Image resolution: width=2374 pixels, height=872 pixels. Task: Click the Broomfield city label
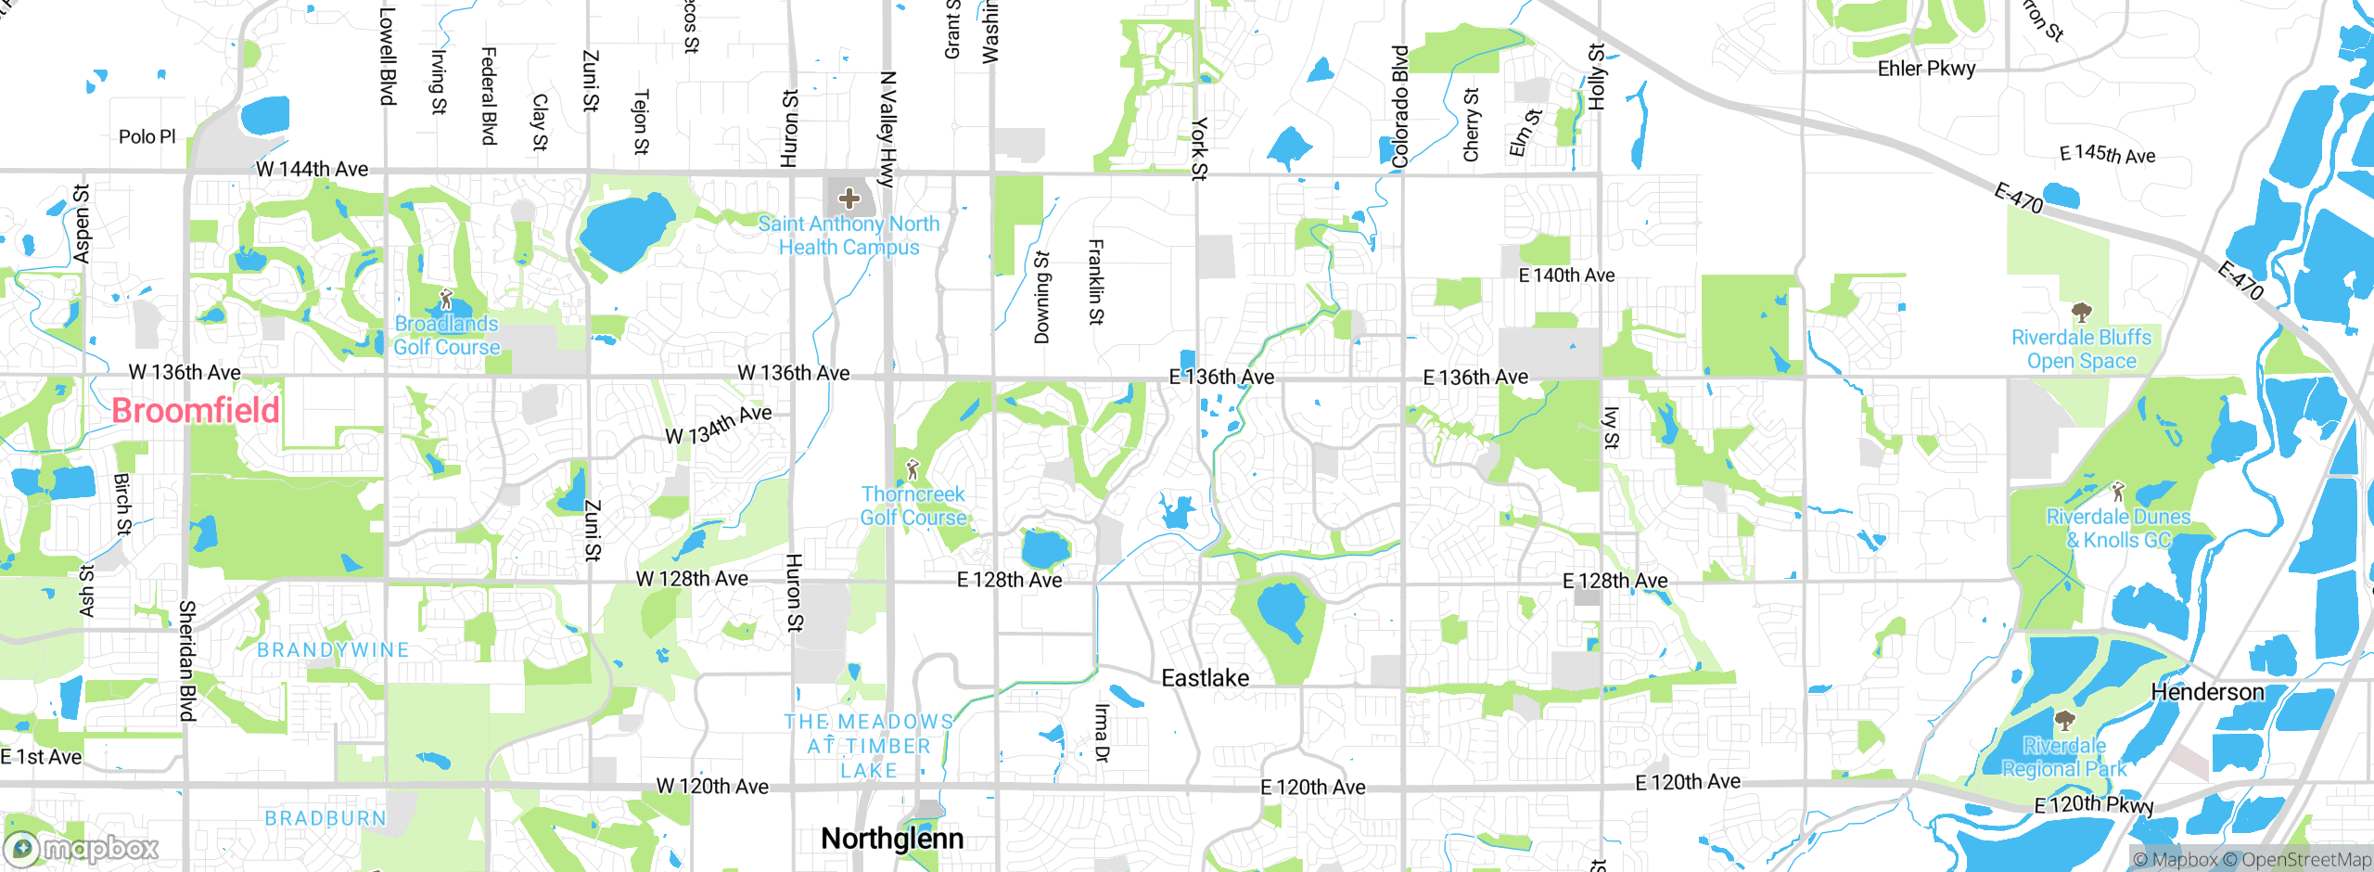point(195,410)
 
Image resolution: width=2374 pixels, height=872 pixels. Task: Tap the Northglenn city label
point(892,839)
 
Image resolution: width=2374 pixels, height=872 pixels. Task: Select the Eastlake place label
point(1205,678)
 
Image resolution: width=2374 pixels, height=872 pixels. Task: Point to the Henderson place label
point(2207,692)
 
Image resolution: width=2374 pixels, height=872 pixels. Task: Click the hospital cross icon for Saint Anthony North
point(849,198)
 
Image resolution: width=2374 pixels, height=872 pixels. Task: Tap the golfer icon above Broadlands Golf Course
point(446,300)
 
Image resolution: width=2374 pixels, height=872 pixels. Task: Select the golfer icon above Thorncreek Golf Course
point(913,469)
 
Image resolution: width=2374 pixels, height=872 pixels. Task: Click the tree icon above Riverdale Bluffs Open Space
point(2081,313)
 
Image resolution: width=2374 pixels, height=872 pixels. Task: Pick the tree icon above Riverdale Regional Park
point(2064,721)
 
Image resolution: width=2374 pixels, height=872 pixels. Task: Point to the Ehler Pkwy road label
point(1926,69)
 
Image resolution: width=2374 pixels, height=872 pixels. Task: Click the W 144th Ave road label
point(312,169)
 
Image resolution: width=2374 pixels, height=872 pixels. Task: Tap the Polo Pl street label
point(147,136)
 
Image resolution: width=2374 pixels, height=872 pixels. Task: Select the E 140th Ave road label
point(1566,276)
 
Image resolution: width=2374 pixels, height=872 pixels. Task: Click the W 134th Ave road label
point(719,425)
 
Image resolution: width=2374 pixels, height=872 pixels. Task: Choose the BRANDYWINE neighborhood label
point(333,650)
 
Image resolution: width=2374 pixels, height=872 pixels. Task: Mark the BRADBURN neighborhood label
point(325,818)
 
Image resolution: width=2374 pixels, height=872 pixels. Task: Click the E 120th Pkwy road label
point(2094,804)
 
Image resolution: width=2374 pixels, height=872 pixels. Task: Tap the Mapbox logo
point(82,849)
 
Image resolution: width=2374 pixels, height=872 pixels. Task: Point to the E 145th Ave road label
point(2107,154)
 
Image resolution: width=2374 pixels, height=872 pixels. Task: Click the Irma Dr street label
point(1101,733)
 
